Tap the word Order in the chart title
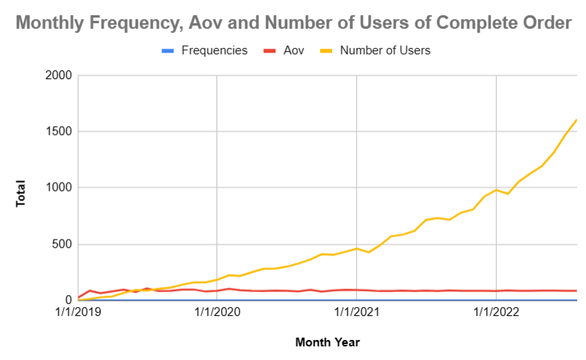(x=545, y=23)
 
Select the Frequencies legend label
(x=214, y=50)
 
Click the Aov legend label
(x=294, y=50)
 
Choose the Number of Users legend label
(x=385, y=50)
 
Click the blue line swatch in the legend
(x=168, y=50)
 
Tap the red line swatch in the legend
(x=269, y=50)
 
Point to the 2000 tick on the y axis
(x=58, y=76)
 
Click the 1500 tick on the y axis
(x=58, y=132)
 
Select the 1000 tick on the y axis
(x=58, y=188)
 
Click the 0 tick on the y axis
(x=69, y=300)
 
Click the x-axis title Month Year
(x=327, y=342)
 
